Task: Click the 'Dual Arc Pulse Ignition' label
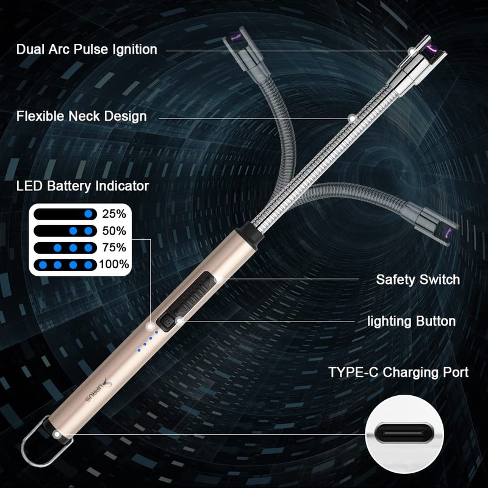coord(87,49)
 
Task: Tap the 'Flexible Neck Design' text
coord(81,116)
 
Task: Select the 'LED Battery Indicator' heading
coord(82,186)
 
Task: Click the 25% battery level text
coord(114,214)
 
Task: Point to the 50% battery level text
coord(114,231)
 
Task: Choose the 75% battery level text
coord(114,248)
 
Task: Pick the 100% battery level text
coord(115,264)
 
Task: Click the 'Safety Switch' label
coord(418,280)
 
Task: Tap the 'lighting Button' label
coord(411,321)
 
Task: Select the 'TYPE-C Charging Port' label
coord(399,372)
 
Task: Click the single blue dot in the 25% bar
coord(89,214)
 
